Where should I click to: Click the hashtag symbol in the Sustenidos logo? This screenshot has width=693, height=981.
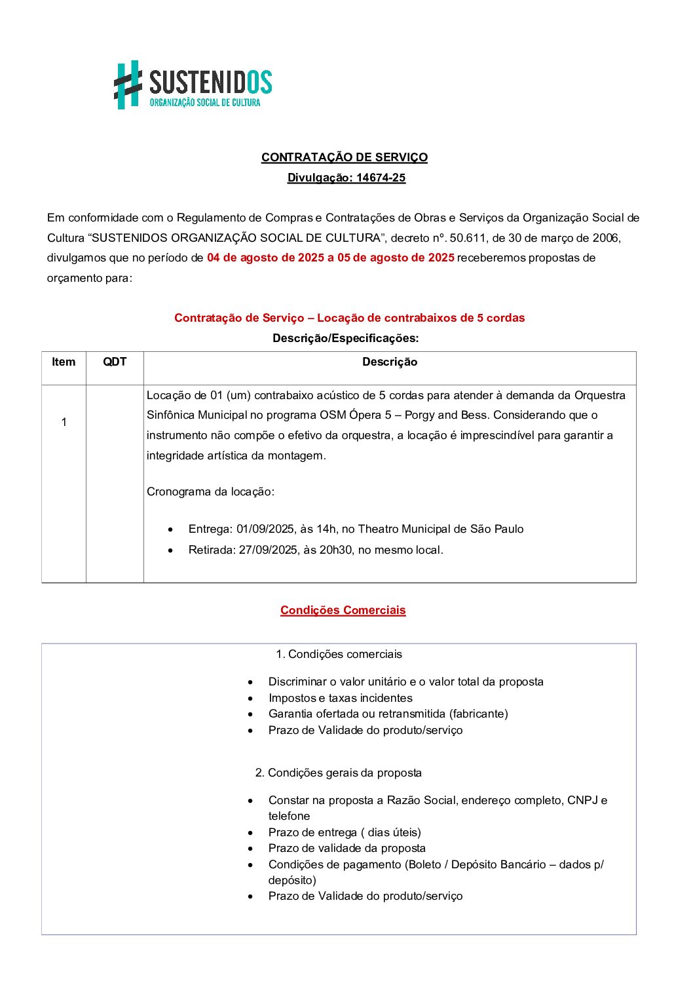[128, 85]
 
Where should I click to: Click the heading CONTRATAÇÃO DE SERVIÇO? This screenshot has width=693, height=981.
[345, 157]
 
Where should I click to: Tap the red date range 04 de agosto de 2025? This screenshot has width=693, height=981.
[265, 258]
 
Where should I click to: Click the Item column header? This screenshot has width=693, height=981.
[64, 362]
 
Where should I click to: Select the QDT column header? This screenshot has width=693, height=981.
[115, 362]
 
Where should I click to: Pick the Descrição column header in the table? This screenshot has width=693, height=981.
[390, 362]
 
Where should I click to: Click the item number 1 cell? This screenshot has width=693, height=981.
[64, 422]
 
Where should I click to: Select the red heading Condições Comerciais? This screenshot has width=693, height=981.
[343, 610]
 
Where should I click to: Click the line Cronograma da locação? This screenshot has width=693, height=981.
[210, 491]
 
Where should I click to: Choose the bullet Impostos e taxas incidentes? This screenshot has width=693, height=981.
[341, 698]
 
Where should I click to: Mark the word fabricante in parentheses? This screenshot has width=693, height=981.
[478, 714]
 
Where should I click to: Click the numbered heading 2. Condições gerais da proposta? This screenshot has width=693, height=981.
[339, 773]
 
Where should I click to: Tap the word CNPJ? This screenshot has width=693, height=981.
[582, 800]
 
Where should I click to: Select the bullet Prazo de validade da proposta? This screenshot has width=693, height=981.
[347, 848]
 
